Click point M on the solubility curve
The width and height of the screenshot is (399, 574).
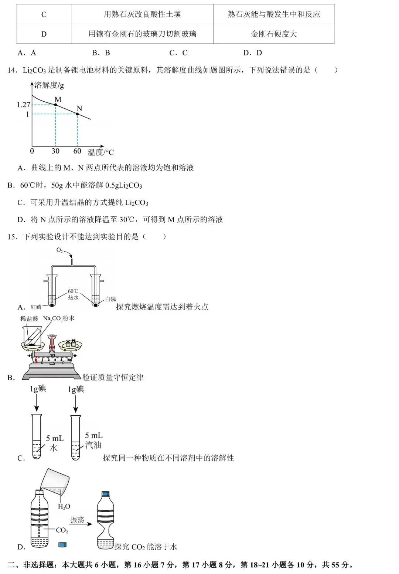(55, 105)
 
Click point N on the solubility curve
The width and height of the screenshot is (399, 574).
(77, 114)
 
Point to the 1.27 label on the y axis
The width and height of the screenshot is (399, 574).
(23, 105)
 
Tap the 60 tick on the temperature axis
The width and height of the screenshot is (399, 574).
(77, 151)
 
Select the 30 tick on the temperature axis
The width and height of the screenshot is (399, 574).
(55, 151)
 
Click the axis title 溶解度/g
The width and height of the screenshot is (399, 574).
(49, 85)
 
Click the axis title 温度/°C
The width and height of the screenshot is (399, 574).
(100, 152)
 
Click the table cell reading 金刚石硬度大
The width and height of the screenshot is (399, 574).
(274, 34)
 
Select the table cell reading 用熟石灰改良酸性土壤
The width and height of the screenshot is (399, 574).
(142, 14)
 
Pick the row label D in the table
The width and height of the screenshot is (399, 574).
(44, 34)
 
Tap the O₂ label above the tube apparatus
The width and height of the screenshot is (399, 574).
(59, 250)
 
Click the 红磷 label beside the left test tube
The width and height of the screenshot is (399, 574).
(36, 307)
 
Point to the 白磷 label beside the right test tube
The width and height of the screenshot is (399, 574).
(110, 299)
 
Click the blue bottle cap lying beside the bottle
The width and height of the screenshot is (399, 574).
(62, 545)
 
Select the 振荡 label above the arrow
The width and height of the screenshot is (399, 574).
(77, 520)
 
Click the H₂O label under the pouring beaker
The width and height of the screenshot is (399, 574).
(64, 506)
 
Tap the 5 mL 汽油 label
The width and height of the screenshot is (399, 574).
(93, 440)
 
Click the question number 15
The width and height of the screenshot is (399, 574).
(12, 237)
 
